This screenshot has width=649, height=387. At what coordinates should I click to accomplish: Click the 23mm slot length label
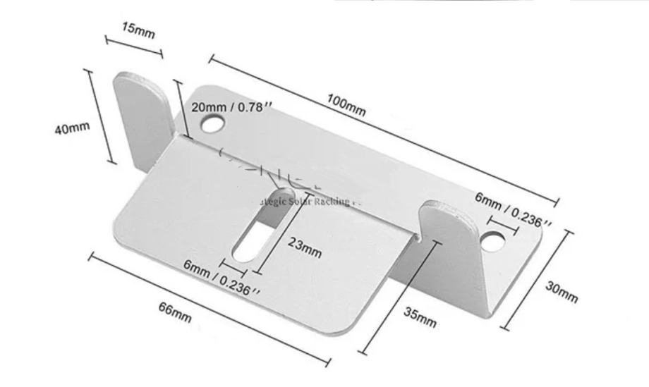coord(305,247)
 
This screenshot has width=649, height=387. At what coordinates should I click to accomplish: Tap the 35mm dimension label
coord(420,318)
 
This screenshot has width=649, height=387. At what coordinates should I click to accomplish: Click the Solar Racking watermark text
coord(310,202)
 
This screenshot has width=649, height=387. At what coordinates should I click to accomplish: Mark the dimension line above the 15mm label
coord(133,44)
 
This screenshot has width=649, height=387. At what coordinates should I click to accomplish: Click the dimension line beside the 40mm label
coord(100,116)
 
